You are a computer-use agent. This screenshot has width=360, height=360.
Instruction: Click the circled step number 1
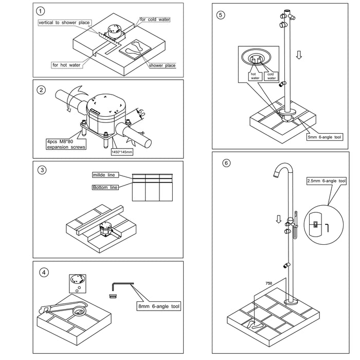tap(41, 11)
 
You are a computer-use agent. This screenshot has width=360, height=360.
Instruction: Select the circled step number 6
tap(227, 163)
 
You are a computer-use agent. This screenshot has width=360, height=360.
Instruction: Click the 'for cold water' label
tap(155, 20)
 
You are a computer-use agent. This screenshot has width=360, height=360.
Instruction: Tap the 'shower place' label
tap(162, 65)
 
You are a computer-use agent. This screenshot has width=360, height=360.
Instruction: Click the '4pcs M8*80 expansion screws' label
tap(65, 144)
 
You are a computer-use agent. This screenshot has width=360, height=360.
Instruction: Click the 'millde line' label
tap(105, 175)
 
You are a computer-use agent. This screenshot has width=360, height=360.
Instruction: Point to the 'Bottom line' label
tap(105, 187)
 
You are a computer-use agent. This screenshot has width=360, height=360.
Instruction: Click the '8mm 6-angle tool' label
tap(158, 307)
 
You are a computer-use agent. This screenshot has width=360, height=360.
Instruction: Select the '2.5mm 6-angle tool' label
tap(327, 181)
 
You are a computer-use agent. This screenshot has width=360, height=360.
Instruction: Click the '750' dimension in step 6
tap(268, 283)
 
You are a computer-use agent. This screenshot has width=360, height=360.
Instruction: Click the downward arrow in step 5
tap(299, 55)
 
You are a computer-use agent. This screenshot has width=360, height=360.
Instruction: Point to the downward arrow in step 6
tap(279, 219)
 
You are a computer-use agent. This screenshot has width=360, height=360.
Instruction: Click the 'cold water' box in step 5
tap(271, 76)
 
